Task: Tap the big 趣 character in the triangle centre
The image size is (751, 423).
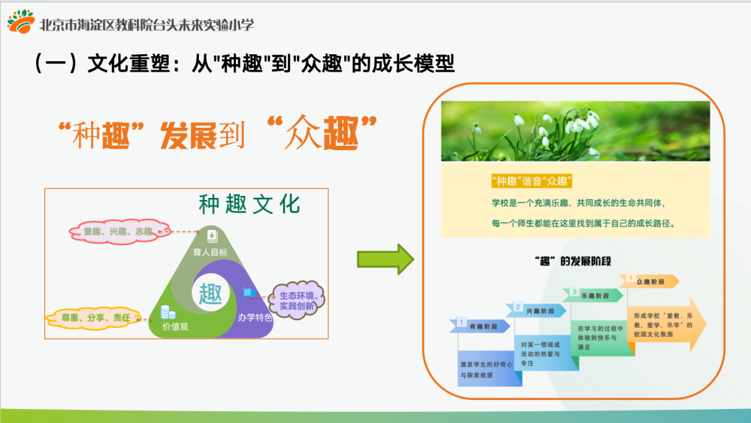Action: [211, 293]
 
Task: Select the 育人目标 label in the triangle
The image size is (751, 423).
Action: [211, 252]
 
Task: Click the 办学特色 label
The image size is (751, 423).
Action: [255, 318]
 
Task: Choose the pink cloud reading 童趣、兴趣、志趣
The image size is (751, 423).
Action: [118, 231]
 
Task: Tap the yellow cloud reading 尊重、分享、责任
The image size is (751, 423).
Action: [92, 318]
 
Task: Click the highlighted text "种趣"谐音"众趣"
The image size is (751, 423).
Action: [531, 181]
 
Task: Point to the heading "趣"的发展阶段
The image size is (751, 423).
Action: [570, 260]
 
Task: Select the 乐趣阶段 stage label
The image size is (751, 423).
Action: [596, 295]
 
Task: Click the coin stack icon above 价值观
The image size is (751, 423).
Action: [167, 312]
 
